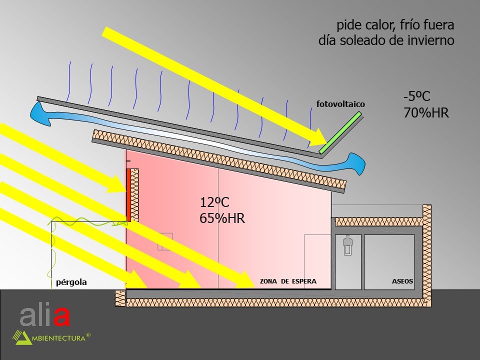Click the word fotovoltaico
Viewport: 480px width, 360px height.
point(340,104)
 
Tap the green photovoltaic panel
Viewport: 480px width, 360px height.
point(340,132)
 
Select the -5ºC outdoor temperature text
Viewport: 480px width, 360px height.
point(417,96)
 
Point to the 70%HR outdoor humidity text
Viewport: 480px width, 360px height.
point(426,113)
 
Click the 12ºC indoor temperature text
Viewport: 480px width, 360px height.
point(214,202)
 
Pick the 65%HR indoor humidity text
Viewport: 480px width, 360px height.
point(222,218)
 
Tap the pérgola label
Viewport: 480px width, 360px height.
point(71,282)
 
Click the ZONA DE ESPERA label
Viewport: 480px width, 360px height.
point(288,281)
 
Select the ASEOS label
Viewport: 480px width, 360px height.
point(402,281)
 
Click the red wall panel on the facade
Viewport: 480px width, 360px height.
point(128,195)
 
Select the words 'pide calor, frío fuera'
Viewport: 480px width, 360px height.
point(395,25)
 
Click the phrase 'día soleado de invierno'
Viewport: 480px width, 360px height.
point(386,41)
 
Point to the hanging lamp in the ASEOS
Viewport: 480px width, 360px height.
point(348,245)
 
